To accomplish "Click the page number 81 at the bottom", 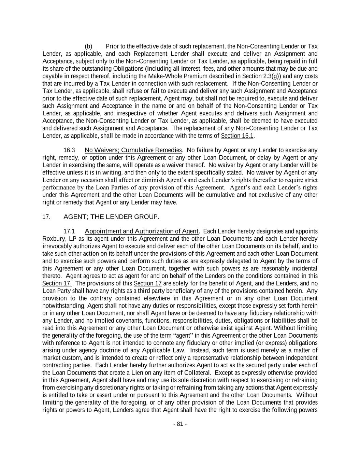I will pos(180,424).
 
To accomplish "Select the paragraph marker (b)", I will pos(88,46).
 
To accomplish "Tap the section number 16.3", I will pos(69,150).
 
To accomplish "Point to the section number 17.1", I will pos(69,231).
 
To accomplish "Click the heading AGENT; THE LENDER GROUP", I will pos(111,217).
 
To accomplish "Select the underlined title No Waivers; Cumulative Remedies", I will pos(133,150).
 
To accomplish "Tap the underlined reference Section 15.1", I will pos(237,136).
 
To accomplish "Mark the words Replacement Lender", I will pos(160,54).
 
